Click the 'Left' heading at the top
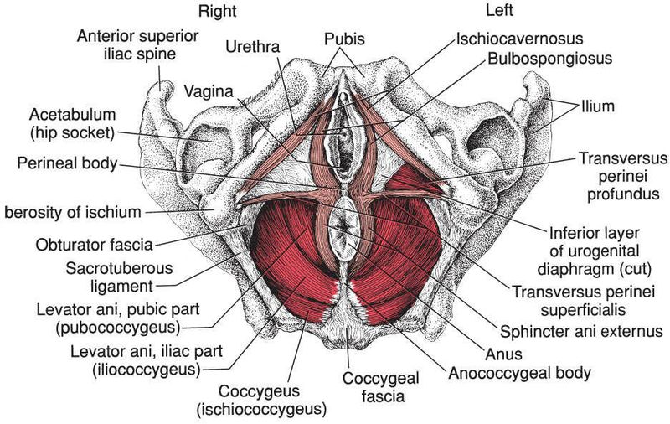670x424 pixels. pos(500,11)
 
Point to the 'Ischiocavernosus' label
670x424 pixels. pos(520,39)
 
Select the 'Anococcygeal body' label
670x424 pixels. pos(519,370)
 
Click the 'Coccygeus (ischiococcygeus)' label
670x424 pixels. pos(271,401)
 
